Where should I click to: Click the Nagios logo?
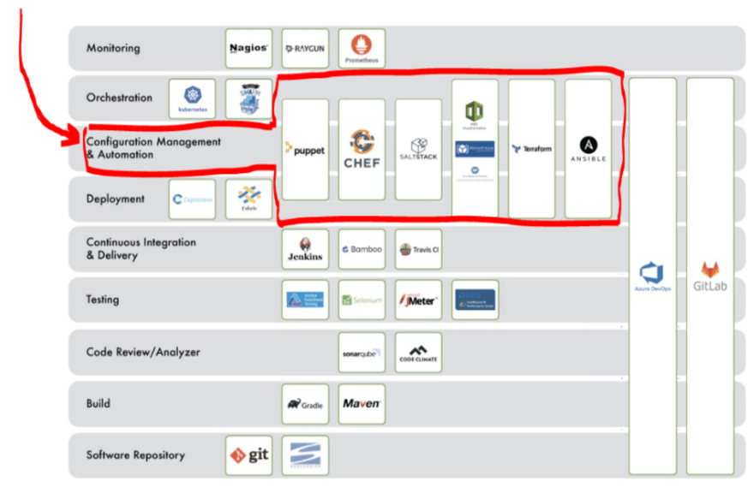[x=249, y=49]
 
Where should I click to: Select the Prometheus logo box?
[x=362, y=49]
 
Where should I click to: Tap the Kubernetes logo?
[x=192, y=98]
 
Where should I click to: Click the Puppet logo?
[x=305, y=149]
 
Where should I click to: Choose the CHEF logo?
[x=362, y=149]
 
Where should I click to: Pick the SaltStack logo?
[x=418, y=149]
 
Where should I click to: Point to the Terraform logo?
[x=531, y=149]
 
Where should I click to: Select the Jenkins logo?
[x=305, y=249]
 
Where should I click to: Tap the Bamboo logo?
[x=362, y=249]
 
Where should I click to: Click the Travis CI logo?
[x=418, y=249]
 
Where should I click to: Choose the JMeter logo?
[x=418, y=300]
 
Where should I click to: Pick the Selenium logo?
[x=362, y=300]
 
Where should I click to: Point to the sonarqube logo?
[x=362, y=352]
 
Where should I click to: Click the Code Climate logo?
[x=418, y=352]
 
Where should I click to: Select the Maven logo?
[x=362, y=403]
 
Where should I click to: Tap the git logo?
[x=249, y=454]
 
